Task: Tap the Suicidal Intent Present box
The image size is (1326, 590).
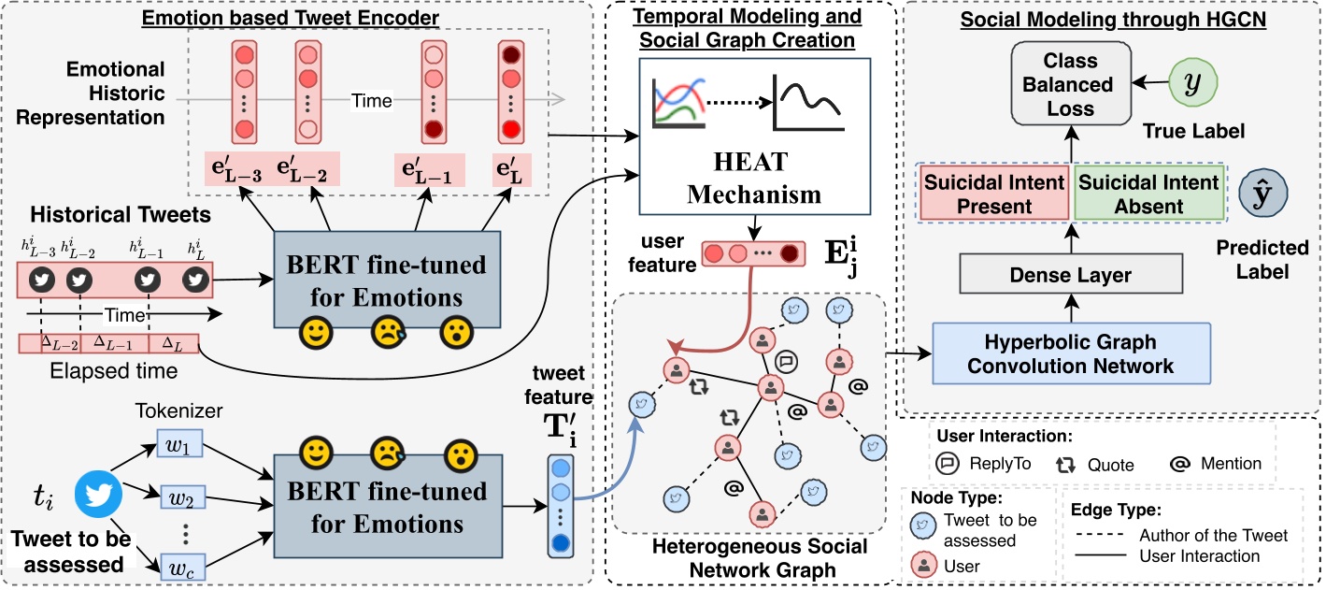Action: coord(993,193)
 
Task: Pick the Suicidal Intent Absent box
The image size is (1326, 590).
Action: coord(1148,193)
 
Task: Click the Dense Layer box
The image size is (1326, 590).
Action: coord(1070,275)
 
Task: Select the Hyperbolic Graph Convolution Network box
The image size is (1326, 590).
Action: coord(1070,353)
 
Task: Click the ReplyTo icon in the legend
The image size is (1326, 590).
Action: coord(946,463)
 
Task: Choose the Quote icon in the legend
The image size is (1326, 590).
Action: coord(1062,463)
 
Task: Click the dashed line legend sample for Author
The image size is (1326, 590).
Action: coord(1099,536)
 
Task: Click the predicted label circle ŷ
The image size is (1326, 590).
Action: coord(1262,193)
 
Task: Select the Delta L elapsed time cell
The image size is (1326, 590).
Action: coord(173,345)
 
